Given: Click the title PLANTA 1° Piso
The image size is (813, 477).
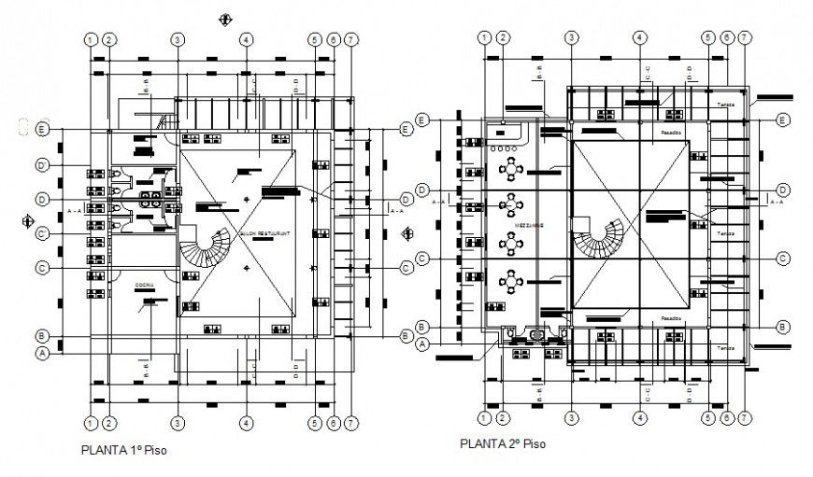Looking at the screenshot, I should pyautogui.click(x=124, y=449).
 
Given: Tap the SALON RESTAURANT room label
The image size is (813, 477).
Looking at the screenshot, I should pyautogui.click(x=265, y=232).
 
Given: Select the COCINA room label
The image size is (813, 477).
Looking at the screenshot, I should pyautogui.click(x=143, y=283).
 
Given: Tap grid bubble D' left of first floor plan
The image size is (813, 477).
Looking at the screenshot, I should pyautogui.click(x=42, y=165).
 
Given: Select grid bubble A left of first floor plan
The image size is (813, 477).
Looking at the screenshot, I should pyautogui.click(x=42, y=354).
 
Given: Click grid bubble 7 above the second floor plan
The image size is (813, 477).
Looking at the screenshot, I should pyautogui.click(x=744, y=37).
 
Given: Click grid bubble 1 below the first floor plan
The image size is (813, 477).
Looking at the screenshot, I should pyautogui.click(x=91, y=422).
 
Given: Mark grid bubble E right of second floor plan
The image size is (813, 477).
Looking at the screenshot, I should pyautogui.click(x=782, y=119).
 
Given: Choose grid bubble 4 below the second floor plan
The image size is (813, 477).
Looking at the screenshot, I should pyautogui.click(x=639, y=417).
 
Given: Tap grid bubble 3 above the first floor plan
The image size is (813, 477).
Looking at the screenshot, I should pyautogui.click(x=177, y=39).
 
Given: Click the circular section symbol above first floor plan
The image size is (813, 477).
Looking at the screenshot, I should pyautogui.click(x=222, y=18).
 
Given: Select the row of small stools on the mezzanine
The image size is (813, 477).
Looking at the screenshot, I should pyautogui.click(x=504, y=147).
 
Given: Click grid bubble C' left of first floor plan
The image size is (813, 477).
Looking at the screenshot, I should pyautogui.click(x=42, y=233).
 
